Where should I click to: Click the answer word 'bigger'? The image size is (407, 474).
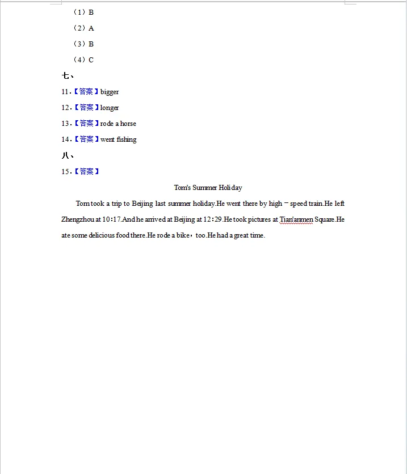pyautogui.click(x=110, y=92)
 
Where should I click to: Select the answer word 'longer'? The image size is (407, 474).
pyautogui.click(x=110, y=108)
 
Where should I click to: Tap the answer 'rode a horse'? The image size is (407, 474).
pyautogui.click(x=118, y=124)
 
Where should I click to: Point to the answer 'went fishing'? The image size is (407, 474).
pyautogui.click(x=118, y=139)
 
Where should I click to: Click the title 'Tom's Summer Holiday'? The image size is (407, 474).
pyautogui.click(x=208, y=188)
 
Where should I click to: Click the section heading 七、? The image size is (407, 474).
pyautogui.click(x=68, y=75)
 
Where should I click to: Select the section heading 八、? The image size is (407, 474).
pyautogui.click(x=68, y=155)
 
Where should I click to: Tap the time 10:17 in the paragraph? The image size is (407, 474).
pyautogui.click(x=112, y=219)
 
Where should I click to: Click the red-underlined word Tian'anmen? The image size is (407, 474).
pyautogui.click(x=296, y=219)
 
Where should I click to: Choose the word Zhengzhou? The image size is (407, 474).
pyautogui.click(x=77, y=219)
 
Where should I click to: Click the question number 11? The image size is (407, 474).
pyautogui.click(x=65, y=92)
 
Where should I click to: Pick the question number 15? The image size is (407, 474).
pyautogui.click(x=65, y=171)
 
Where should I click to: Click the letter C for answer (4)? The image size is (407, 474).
pyautogui.click(x=91, y=60)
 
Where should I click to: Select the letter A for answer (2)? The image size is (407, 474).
pyautogui.click(x=91, y=28)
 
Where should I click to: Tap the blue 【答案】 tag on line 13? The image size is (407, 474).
pyautogui.click(x=86, y=124)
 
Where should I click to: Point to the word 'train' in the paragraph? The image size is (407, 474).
pyautogui.click(x=315, y=204)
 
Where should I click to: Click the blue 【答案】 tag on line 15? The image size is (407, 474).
pyautogui.click(x=86, y=171)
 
